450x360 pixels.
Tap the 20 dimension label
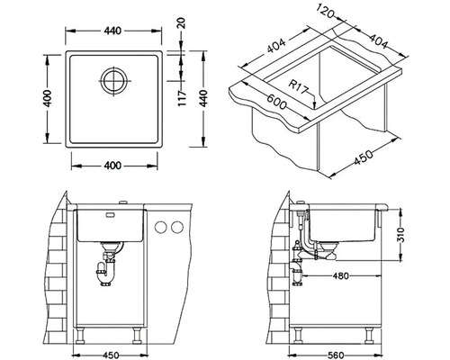tap(183, 23)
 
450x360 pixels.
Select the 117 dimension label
tap(183, 98)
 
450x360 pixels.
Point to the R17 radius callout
tap(299, 87)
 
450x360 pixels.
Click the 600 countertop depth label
tap(276, 102)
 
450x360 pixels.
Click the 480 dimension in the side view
tap(341, 275)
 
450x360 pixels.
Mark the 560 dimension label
tap(335, 355)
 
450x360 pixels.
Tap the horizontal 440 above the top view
tap(113, 31)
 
